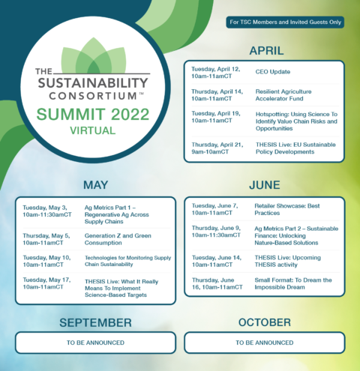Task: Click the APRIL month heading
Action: [x=266, y=51]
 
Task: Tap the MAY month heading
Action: [x=95, y=185]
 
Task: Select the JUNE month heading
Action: [x=265, y=185]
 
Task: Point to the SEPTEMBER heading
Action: [x=95, y=322]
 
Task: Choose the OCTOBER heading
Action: [x=265, y=322]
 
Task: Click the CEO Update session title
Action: [x=273, y=72]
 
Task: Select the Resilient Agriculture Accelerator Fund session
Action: [x=283, y=95]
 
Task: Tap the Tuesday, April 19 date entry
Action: [x=216, y=117]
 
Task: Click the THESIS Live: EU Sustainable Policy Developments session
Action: [x=295, y=148]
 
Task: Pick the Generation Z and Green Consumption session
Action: [x=118, y=239]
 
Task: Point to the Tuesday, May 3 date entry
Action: [x=47, y=211]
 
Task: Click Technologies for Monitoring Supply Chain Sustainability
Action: [x=128, y=261]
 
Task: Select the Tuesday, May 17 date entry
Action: [x=47, y=283]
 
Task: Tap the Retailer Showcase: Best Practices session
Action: [x=287, y=209]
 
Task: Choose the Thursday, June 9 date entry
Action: [x=216, y=232]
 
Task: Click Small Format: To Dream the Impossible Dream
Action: [x=293, y=283]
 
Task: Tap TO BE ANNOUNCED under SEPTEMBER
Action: [x=95, y=343]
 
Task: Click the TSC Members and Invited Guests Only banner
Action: [x=285, y=22]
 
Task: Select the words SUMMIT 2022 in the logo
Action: [x=93, y=114]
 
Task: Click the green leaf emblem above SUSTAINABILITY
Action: [x=94, y=55]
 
